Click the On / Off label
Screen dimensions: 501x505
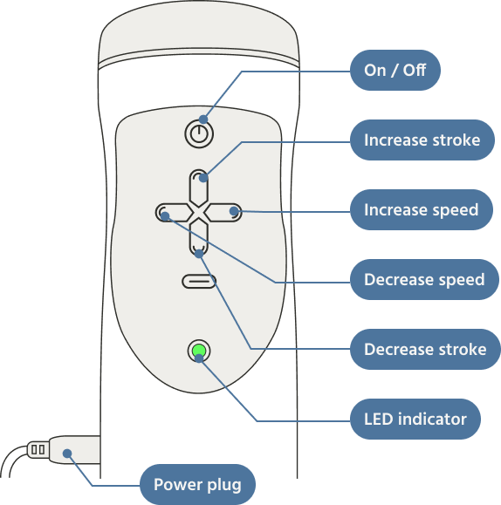click(x=395, y=70)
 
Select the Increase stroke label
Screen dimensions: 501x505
click(x=422, y=140)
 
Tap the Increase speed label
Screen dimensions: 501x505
click(x=421, y=209)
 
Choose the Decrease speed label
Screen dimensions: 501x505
click(x=424, y=279)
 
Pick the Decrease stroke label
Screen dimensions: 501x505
click(x=425, y=349)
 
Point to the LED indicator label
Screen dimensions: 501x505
click(x=415, y=419)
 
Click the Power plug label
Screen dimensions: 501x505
click(x=197, y=484)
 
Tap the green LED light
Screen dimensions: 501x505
click(x=199, y=351)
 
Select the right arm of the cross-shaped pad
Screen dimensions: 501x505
click(x=223, y=213)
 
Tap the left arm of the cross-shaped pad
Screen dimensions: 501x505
click(x=175, y=213)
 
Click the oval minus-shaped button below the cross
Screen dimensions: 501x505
click(x=199, y=282)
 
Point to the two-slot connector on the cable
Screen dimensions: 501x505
click(x=38, y=449)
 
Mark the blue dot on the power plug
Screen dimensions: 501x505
click(x=67, y=454)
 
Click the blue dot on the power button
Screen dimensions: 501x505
click(x=203, y=119)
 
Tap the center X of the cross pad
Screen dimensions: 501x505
click(x=199, y=213)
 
